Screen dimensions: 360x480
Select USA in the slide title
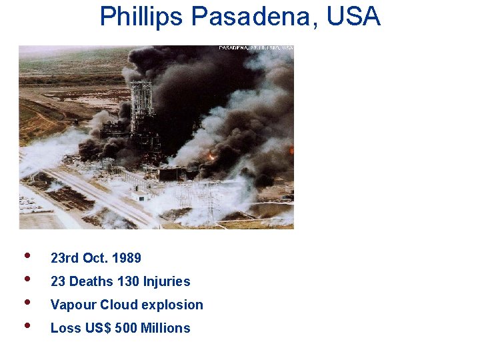click(354, 16)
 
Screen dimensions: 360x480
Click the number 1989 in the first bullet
click(127, 258)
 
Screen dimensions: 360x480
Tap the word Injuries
click(167, 281)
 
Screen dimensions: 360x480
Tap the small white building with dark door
click(141, 196)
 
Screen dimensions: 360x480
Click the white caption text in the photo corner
click(256, 48)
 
